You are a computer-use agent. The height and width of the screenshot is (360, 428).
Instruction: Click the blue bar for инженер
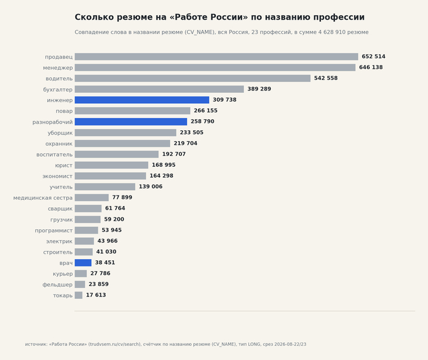pyautogui.click(x=142, y=100)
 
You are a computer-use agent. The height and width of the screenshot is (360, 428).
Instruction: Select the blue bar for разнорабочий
pyautogui.click(x=131, y=122)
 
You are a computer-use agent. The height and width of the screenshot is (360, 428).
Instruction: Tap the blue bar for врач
pyautogui.click(x=83, y=263)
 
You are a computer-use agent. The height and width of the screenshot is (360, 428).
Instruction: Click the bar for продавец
pyautogui.click(x=216, y=57)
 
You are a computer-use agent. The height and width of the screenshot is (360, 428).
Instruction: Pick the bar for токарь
pyautogui.click(x=79, y=295)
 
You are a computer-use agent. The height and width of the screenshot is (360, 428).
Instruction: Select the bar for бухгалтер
pyautogui.click(x=159, y=89)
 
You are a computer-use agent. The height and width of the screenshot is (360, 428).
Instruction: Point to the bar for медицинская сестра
pyautogui.click(x=92, y=197)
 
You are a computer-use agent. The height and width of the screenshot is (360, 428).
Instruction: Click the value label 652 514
pyautogui.click(x=374, y=56)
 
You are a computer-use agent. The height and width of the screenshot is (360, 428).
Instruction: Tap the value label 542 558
pyautogui.click(x=326, y=78)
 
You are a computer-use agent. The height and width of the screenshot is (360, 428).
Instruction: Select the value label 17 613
pyautogui.click(x=96, y=295)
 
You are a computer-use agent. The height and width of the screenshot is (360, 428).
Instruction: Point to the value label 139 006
pyautogui.click(x=150, y=186)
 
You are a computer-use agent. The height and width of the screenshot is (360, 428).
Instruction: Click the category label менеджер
pyautogui.click(x=58, y=68)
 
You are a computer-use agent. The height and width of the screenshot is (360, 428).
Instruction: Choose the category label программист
pyautogui.click(x=54, y=230)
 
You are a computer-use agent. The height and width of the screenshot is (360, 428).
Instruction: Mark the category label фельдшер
pyautogui.click(x=57, y=285)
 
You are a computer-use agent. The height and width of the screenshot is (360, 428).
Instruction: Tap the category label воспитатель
pyautogui.click(x=54, y=155)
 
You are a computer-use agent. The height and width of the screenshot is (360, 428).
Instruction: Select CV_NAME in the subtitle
pyautogui.click(x=200, y=32)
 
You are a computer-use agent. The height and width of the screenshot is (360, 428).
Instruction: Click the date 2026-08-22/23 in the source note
pyautogui.click(x=290, y=345)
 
